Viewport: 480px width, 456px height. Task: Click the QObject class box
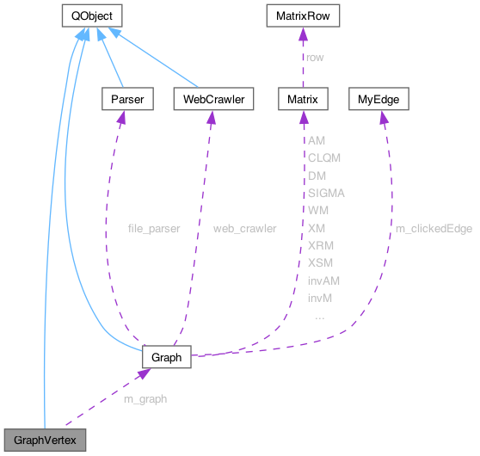tap(92, 15)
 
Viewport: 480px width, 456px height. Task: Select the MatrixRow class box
tap(304, 15)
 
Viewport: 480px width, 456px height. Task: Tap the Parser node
tap(126, 100)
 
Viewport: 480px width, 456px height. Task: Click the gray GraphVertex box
tap(46, 441)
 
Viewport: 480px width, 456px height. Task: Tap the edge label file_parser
tap(153, 229)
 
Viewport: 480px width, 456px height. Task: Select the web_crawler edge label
tap(245, 229)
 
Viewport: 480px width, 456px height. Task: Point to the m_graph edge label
tap(144, 399)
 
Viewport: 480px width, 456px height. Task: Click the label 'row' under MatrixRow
tap(317, 58)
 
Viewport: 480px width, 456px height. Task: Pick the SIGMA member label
tap(326, 193)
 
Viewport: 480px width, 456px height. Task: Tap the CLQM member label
tap(324, 157)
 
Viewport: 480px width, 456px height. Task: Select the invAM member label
tap(323, 280)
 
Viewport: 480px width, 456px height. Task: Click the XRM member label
tap(320, 245)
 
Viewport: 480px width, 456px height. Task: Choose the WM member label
tap(317, 210)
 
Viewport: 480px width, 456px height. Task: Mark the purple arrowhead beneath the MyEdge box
tap(383, 116)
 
